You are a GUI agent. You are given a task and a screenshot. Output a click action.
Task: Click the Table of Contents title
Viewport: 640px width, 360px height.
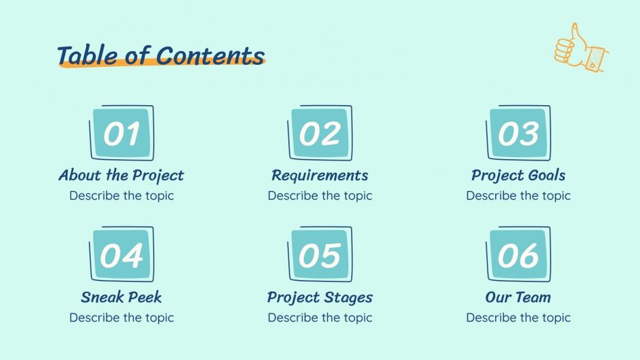tap(161, 55)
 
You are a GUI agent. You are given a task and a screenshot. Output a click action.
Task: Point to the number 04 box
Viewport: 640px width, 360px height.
tap(122, 255)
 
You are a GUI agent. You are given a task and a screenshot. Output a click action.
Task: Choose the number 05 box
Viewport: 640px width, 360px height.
tap(320, 255)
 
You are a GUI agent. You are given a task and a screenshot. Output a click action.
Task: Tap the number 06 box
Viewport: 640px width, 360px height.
tap(518, 255)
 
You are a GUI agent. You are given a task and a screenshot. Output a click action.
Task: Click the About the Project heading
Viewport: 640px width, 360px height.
tap(121, 176)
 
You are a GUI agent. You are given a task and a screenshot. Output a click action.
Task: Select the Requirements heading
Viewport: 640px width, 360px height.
tap(320, 176)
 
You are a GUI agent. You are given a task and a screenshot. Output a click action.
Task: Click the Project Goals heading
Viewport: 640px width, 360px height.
tap(518, 176)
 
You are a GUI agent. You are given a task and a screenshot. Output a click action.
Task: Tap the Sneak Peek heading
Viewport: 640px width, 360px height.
tap(121, 297)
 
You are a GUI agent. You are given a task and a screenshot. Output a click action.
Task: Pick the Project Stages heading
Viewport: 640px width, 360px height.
tap(320, 297)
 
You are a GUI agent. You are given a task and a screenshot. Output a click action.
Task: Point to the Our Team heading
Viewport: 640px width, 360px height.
tap(518, 297)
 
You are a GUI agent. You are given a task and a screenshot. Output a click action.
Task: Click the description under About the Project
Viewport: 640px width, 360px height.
tap(121, 195)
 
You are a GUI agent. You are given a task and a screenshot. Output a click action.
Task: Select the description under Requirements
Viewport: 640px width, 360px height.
tap(320, 195)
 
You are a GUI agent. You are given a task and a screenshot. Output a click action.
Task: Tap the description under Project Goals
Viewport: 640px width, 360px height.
tap(518, 195)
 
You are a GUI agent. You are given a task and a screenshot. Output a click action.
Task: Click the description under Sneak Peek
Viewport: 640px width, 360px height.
tap(121, 317)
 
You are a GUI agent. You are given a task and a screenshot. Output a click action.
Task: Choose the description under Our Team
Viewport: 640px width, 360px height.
tap(518, 317)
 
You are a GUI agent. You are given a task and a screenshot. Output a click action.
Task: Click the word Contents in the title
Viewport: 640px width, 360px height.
tap(210, 55)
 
